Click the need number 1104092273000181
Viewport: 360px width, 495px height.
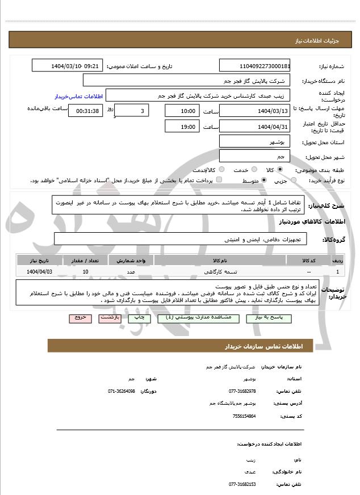coord(254,66)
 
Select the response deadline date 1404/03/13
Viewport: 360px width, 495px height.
coord(254,110)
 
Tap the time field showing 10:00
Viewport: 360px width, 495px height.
coord(182,110)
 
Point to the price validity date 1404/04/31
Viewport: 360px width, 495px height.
coord(254,127)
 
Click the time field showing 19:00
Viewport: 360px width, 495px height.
coord(182,127)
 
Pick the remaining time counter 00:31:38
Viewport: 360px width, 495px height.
coord(86,110)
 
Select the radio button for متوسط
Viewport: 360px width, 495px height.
coord(264,181)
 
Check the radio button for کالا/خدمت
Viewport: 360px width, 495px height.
coord(221,170)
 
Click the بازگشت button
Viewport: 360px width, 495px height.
coord(110,318)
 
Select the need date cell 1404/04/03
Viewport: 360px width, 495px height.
coord(39,272)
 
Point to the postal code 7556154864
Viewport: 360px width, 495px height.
coord(245,416)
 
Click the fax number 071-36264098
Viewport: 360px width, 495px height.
coord(122,391)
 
